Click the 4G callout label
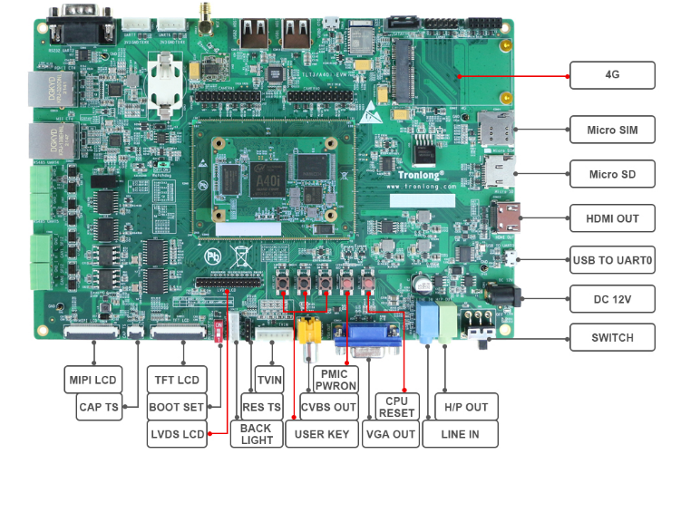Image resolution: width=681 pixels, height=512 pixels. pos(612,75)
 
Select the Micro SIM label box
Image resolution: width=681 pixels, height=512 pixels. pos(612,130)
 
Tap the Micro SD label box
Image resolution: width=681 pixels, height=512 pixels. pos(612,174)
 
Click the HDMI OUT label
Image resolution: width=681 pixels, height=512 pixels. pos(612,218)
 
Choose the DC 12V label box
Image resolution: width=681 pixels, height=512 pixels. pos(612,298)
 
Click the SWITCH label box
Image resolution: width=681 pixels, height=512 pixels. pos(612,337)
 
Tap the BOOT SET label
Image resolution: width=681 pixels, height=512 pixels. pos(178,407)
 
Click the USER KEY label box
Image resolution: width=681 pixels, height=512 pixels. pos(322,434)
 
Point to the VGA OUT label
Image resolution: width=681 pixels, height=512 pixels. pos(390,434)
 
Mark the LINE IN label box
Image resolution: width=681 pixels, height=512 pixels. pos(460,434)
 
